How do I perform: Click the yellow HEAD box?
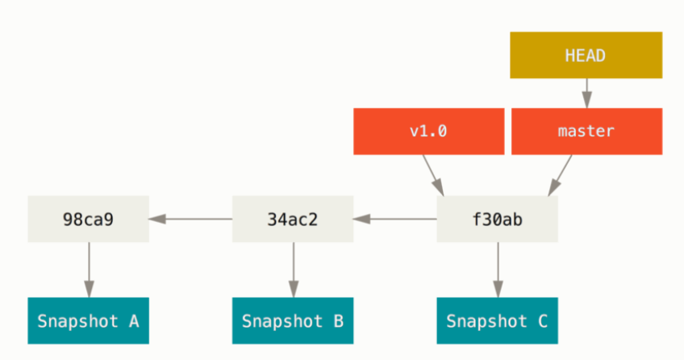(586, 56)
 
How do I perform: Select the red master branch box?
(586, 131)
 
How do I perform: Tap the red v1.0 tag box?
(427, 131)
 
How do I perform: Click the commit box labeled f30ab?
(497, 219)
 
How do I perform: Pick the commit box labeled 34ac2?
(293, 219)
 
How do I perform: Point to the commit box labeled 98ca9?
(88, 219)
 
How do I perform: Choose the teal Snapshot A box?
(88, 321)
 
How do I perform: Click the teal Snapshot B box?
(293, 321)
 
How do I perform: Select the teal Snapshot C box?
(497, 321)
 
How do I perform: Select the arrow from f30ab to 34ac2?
(395, 219)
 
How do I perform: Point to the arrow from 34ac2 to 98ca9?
(190, 219)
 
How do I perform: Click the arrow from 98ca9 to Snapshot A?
(88, 270)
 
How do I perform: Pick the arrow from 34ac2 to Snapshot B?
(293, 270)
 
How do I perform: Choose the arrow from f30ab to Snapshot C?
(497, 270)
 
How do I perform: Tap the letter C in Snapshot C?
(542, 321)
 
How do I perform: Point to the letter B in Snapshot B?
(338, 321)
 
